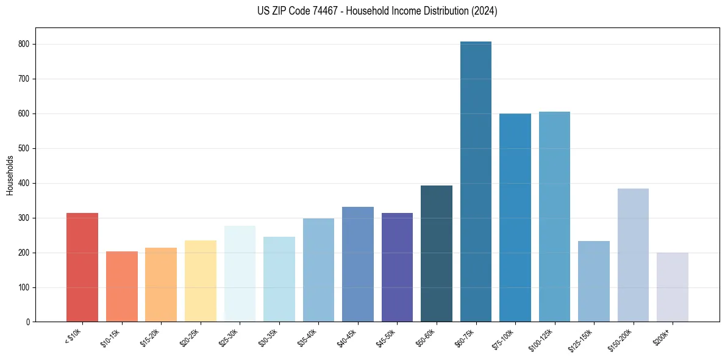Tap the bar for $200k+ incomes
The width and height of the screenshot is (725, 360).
click(672, 287)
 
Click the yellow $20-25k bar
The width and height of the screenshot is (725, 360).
click(201, 281)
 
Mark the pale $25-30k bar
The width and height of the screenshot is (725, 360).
click(240, 274)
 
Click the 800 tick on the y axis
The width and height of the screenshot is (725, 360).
click(27, 45)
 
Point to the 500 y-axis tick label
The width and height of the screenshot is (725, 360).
click(27, 149)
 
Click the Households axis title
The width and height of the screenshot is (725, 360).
click(10, 175)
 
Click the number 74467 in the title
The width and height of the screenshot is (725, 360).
click(321, 11)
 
